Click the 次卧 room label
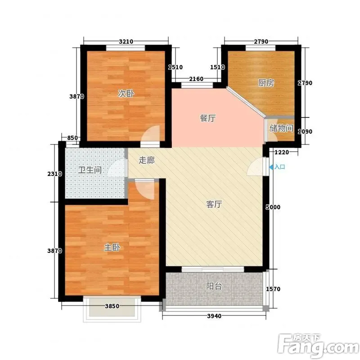tap(126, 94)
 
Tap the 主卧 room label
tap(112, 247)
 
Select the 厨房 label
tap(266, 83)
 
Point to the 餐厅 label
tap(207, 118)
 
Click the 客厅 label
tap(214, 204)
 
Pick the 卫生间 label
tap(90, 170)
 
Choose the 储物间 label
tap(282, 128)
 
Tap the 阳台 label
tap(214, 286)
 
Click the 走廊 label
tap(147, 160)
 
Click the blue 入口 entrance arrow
tap(271, 167)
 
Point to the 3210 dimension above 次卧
tap(126, 41)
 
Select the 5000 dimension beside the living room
tap(273, 207)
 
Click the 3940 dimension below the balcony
tap(214, 316)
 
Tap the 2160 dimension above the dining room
tap(196, 79)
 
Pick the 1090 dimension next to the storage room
tap(305, 131)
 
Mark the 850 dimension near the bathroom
tap(72, 138)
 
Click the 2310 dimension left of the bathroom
tap(54, 174)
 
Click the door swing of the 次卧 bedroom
tap(150, 134)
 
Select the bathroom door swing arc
tap(117, 168)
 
